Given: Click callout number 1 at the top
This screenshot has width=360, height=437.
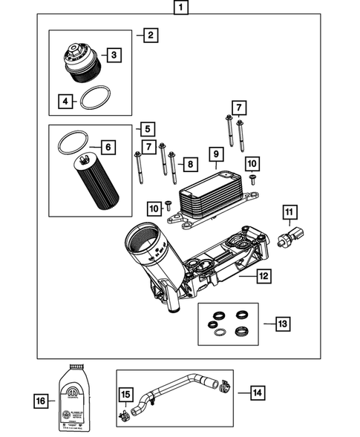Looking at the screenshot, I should coord(180,9).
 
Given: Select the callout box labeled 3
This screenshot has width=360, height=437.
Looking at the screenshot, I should coord(114,55).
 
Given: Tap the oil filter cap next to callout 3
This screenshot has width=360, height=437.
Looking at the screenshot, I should coord(80,62).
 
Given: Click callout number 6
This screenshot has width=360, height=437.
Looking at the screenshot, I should coord(108,147).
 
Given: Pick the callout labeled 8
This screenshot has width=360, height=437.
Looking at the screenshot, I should coord(190,163).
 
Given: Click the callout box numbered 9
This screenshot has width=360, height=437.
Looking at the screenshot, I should coord(216,154).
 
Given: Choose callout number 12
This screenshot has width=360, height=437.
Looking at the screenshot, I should coord(264,276).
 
